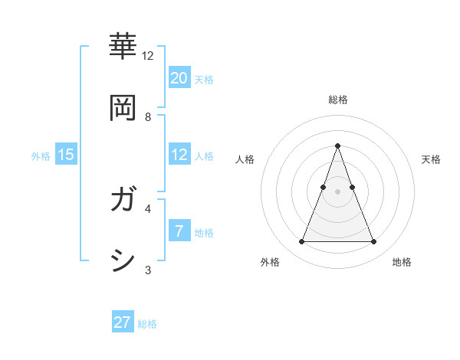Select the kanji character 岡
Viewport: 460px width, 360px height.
(x=123, y=107)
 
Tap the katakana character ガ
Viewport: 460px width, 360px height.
(x=123, y=201)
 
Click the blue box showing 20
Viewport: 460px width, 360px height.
(x=179, y=77)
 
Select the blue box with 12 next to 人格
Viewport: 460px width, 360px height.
(x=179, y=155)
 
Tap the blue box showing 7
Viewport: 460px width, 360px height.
(x=179, y=231)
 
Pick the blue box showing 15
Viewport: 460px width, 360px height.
(x=66, y=155)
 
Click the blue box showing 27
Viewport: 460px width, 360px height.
(x=123, y=322)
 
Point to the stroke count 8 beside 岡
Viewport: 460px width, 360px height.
(x=148, y=117)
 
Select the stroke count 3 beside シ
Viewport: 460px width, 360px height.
(x=148, y=269)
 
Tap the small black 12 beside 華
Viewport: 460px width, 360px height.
(x=148, y=56)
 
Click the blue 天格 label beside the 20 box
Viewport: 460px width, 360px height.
(x=204, y=79)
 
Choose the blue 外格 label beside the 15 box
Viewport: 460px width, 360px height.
(x=41, y=156)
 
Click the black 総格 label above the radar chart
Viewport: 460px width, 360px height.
(x=337, y=100)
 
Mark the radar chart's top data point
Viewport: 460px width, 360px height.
(x=337, y=146)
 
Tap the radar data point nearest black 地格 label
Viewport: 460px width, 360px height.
(x=373, y=242)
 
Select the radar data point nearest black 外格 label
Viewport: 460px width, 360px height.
(x=301, y=242)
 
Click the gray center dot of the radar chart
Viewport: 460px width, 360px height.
(x=337, y=191)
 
